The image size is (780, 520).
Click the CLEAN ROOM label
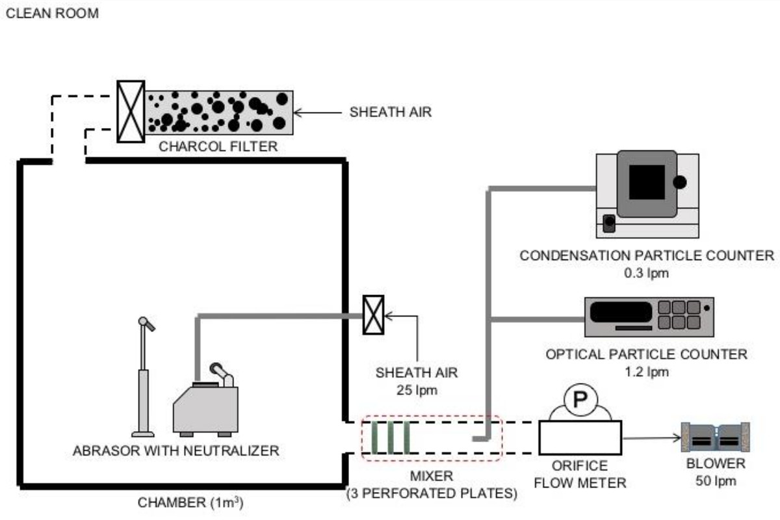[52, 14]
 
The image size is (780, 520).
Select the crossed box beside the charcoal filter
[131, 111]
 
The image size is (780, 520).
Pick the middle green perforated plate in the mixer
[391, 437]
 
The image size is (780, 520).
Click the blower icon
[715, 437]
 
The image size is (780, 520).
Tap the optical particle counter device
[648, 317]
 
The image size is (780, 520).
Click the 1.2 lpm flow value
[647, 372]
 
